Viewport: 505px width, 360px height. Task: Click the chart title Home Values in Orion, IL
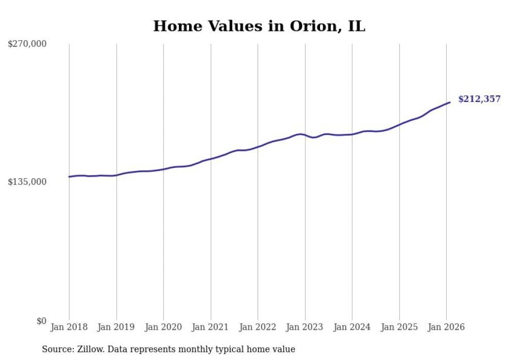(259, 26)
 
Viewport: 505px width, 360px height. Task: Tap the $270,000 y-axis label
(27, 44)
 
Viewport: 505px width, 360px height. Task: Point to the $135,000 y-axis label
(27, 182)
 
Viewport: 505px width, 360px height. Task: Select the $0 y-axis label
(41, 321)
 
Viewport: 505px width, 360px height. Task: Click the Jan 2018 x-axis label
(69, 327)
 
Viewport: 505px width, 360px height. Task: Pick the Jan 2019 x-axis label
(116, 327)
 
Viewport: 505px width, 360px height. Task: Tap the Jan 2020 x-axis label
(163, 327)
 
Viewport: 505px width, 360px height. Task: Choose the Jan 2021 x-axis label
(211, 327)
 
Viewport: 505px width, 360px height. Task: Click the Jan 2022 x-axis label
(258, 327)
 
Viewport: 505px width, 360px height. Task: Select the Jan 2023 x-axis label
(305, 327)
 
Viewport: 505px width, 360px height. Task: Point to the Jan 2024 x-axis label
(352, 327)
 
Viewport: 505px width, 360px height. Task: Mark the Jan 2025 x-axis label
(399, 327)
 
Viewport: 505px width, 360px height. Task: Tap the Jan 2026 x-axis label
(446, 327)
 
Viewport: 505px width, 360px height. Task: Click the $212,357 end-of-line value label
(479, 99)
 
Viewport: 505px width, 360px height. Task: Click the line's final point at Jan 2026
(450, 102)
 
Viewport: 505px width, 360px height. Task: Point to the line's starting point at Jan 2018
(69, 177)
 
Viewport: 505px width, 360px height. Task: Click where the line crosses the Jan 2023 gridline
(305, 135)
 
